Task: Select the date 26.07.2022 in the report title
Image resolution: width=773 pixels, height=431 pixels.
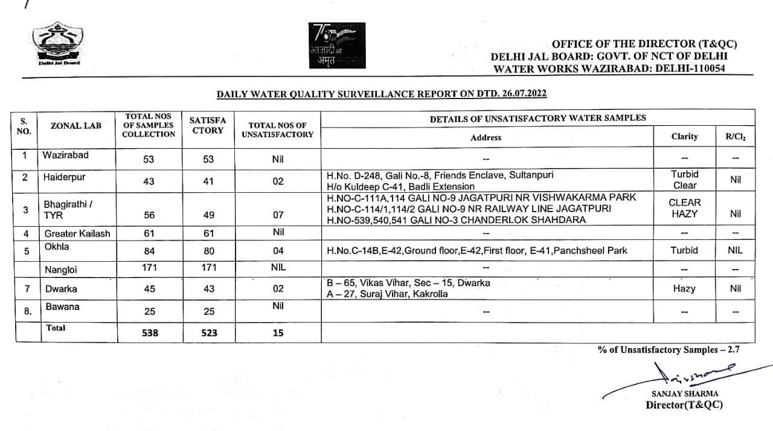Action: coord(525,94)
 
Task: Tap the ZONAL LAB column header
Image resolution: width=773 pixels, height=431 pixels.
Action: coord(76,126)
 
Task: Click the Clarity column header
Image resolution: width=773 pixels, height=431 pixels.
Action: coord(684,137)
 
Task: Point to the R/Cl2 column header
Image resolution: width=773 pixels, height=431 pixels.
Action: coord(735,137)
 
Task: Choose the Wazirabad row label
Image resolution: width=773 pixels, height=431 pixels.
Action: coord(65,155)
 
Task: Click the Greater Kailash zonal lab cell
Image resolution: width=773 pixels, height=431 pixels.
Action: coord(77,233)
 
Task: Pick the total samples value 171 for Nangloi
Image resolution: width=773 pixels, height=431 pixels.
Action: coord(149,267)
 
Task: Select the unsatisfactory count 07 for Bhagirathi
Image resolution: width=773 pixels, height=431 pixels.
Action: coord(278,214)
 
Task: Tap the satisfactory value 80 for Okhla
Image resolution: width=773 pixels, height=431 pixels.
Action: coord(208,251)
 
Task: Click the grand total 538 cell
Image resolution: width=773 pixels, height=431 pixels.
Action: coord(149,332)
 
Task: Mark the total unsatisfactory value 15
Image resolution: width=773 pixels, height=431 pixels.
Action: coord(278,332)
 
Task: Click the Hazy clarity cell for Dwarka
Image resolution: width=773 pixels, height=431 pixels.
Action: coord(684,289)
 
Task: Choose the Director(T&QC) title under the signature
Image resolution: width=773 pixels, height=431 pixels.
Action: coord(684,405)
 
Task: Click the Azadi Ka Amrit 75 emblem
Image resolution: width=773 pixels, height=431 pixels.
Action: coord(336,48)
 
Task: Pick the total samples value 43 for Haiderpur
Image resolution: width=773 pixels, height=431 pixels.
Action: coord(149,181)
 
